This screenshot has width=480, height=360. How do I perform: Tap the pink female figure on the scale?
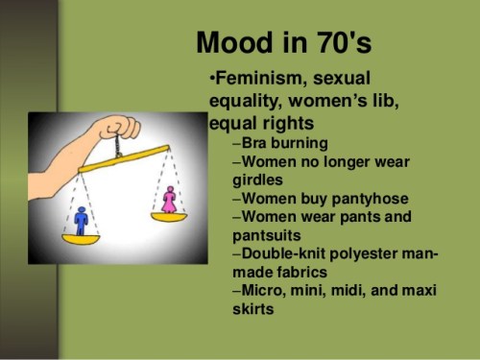point(170,200)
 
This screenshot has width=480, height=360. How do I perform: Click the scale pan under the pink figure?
point(170,217)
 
